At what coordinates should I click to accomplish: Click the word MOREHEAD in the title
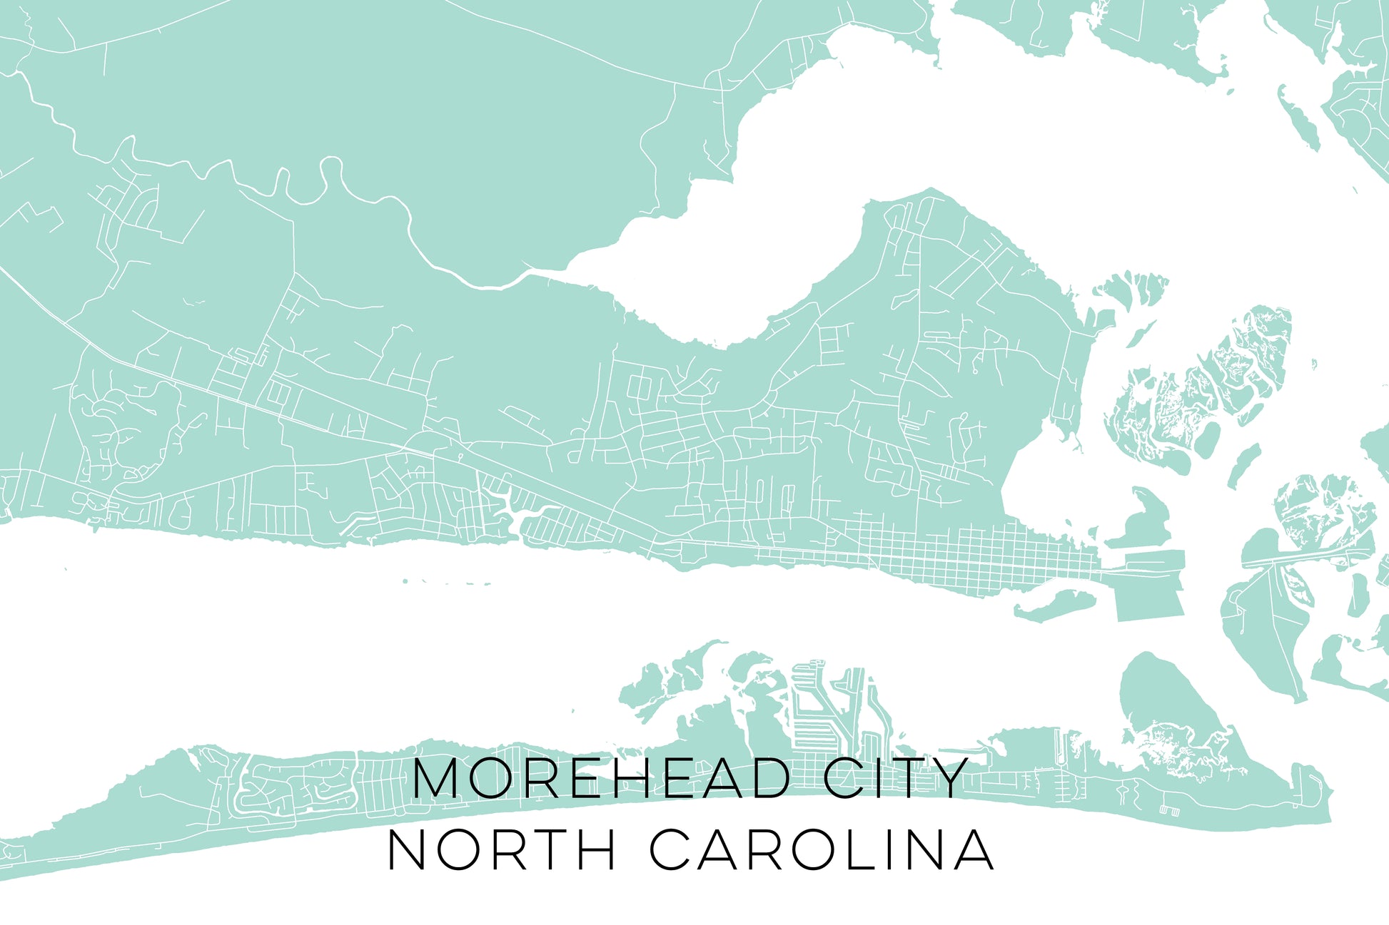pos(601,778)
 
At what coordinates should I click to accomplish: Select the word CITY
pos(896,778)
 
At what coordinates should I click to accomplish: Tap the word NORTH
pos(500,849)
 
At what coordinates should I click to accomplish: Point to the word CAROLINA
pos(822,849)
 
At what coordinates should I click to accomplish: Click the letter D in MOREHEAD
pos(769,778)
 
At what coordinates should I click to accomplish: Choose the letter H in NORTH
pos(594,849)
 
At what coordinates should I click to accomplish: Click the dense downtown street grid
pos(978,556)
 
